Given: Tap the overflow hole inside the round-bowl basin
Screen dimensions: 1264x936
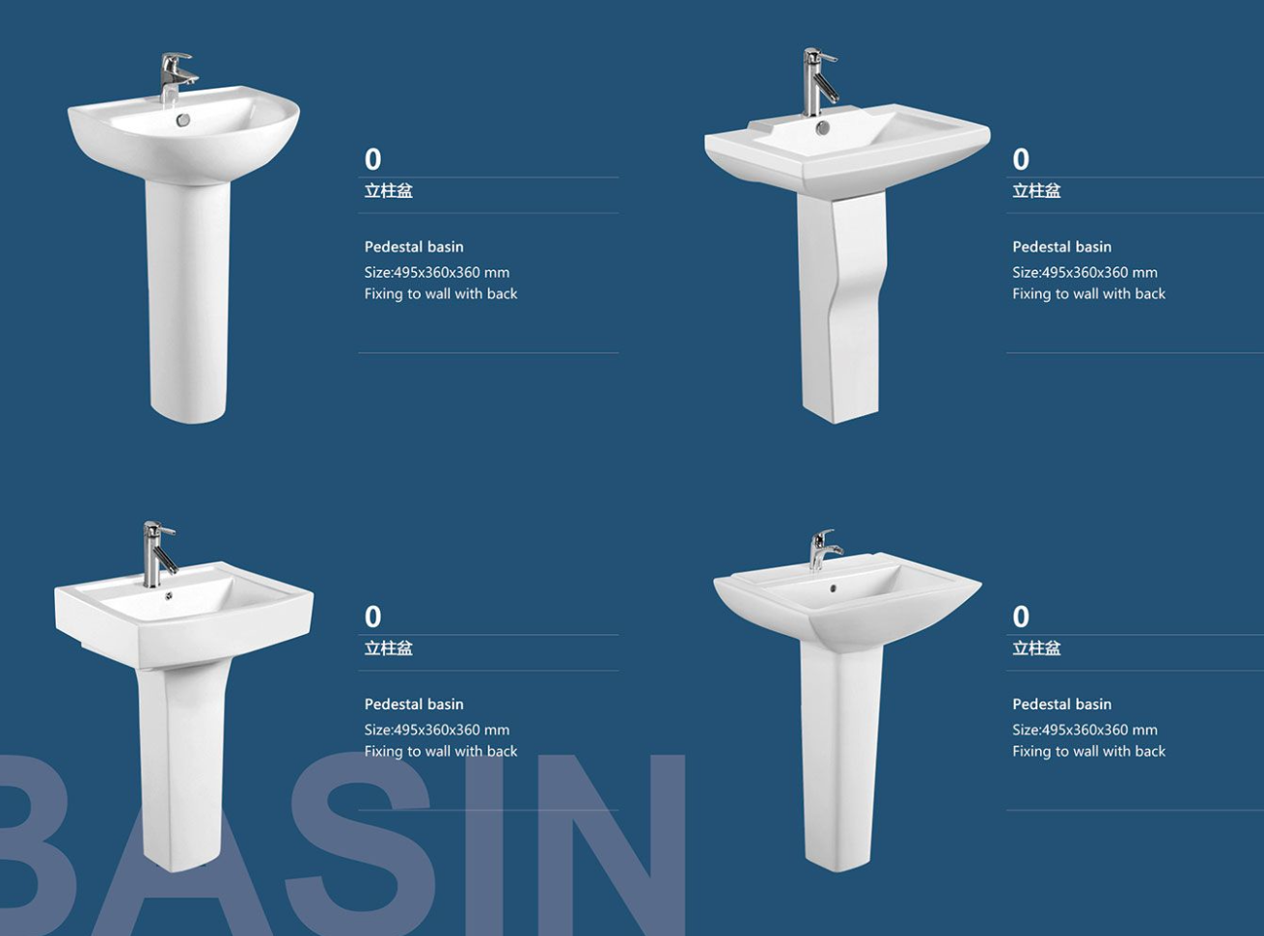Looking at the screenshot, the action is (x=183, y=120).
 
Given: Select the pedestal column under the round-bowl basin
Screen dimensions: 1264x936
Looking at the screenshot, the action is (x=188, y=296).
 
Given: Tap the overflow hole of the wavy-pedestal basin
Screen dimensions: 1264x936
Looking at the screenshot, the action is (x=822, y=128).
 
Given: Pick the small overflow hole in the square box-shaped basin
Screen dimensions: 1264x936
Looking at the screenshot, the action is (x=169, y=596).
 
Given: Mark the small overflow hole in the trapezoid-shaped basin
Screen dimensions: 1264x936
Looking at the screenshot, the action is (x=834, y=588).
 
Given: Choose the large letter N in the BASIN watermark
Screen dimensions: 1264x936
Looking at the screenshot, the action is (x=592, y=844).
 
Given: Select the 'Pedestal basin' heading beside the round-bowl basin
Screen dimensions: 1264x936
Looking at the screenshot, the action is (x=414, y=247).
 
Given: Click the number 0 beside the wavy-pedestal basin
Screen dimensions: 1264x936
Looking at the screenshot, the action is (x=1021, y=159).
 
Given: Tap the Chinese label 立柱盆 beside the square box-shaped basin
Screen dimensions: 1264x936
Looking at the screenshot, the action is (x=388, y=648).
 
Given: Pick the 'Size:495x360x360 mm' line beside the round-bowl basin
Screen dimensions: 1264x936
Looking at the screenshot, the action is (x=436, y=272).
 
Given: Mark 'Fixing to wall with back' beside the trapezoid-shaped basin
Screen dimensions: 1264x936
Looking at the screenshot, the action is (x=1088, y=752).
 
